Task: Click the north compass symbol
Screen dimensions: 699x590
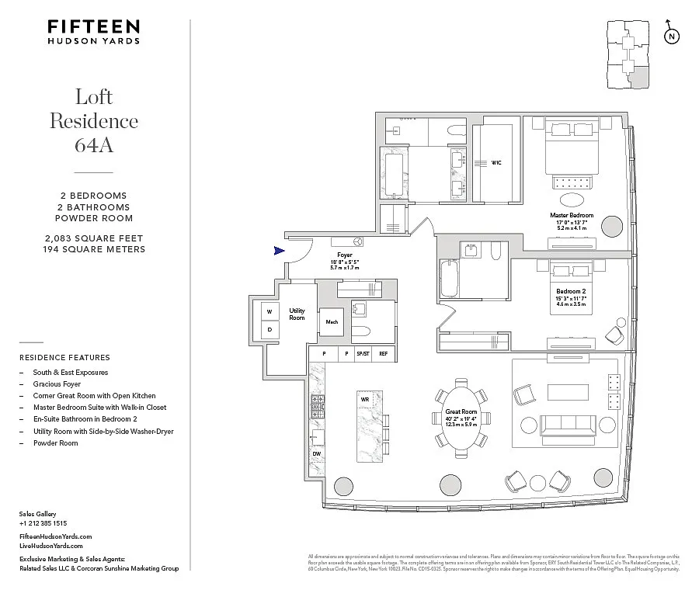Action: (x=672, y=36)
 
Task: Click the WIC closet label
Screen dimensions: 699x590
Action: (x=496, y=163)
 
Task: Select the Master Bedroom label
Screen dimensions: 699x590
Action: (x=572, y=215)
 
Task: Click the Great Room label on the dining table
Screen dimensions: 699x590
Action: (x=461, y=412)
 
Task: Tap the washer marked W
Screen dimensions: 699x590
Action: (x=270, y=311)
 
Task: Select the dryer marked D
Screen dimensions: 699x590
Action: (x=270, y=329)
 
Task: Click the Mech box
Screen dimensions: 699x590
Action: (x=332, y=321)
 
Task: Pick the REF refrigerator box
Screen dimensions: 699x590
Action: (x=383, y=354)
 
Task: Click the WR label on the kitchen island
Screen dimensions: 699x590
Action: (x=364, y=399)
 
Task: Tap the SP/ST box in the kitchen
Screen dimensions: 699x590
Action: (x=362, y=354)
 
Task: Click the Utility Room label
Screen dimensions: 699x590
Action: (x=297, y=314)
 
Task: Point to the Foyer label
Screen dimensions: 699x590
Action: (x=345, y=255)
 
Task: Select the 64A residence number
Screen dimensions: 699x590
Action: (x=94, y=144)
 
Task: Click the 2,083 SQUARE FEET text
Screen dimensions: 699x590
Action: (x=94, y=238)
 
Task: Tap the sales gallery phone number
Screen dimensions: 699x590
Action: (x=43, y=523)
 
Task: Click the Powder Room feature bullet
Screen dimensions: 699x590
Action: (x=55, y=442)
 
